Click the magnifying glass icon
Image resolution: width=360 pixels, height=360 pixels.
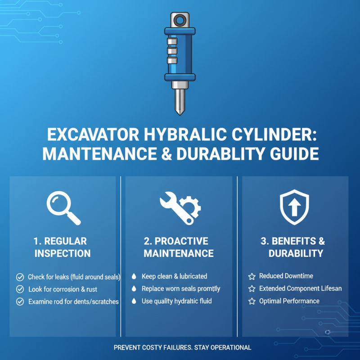pos(63,207)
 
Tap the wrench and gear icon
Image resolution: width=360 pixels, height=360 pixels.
pos(180,207)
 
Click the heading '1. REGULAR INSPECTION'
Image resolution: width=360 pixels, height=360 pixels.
pos(63,247)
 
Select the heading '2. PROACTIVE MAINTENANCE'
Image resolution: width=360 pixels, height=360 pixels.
pos(179,247)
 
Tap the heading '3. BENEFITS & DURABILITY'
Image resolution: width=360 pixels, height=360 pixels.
pos(295,247)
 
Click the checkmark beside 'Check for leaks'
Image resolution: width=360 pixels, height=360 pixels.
pos(20,277)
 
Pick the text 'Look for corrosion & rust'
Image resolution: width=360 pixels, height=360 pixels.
pos(63,289)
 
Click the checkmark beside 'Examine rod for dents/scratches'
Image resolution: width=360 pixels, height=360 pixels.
pos(20,301)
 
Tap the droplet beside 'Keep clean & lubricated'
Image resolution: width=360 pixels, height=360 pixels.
pos(134,276)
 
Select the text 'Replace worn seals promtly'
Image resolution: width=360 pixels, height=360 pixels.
pos(180,289)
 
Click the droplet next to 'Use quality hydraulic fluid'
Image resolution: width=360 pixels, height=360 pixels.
pos(134,301)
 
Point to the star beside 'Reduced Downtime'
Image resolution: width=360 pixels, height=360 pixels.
pos(252,276)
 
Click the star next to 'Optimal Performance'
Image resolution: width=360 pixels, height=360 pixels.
pos(252,301)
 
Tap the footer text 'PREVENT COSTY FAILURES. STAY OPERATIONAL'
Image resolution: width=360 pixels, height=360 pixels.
pos(182,347)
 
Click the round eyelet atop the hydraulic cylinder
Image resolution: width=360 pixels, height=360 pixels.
pos(180,20)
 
